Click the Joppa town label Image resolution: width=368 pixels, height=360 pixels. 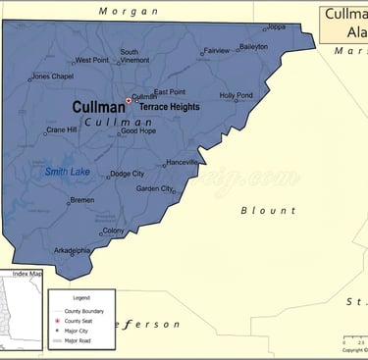point(277,27)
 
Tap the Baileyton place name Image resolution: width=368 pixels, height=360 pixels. point(253,46)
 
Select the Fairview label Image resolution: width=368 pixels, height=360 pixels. point(217,50)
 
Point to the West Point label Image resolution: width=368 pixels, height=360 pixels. point(92,60)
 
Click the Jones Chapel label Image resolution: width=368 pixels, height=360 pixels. point(53,77)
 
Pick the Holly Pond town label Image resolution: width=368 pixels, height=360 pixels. point(236,95)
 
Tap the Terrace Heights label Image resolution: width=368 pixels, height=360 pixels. point(169,107)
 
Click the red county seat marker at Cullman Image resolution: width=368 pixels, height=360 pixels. point(128,100)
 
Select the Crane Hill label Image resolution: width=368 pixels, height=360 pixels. point(61,129)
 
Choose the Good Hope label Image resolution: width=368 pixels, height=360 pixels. point(137,130)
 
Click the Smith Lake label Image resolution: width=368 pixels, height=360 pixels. point(67,172)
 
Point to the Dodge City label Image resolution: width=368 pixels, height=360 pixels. point(128,174)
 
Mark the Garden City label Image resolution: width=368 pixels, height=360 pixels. point(154,188)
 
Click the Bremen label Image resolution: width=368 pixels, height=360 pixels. point(82,200)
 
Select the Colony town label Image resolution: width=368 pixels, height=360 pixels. point(114,231)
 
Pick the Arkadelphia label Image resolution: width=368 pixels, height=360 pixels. point(72,250)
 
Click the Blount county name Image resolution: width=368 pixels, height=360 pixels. point(268,210)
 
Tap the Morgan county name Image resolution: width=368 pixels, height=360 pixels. point(129,11)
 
